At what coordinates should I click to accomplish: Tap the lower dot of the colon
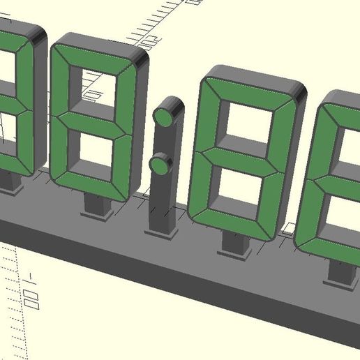click(161, 165)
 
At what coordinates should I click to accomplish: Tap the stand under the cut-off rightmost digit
click(341, 275)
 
